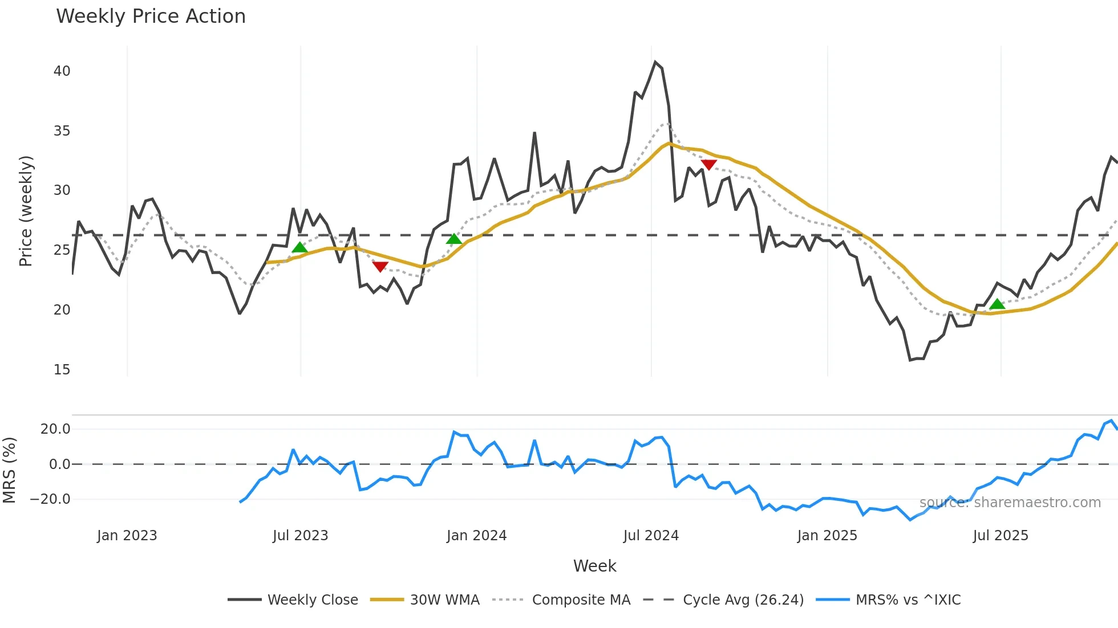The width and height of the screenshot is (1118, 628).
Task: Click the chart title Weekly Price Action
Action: pos(151,17)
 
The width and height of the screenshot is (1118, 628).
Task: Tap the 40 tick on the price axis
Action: pos(62,71)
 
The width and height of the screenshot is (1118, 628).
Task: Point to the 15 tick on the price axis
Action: pos(62,370)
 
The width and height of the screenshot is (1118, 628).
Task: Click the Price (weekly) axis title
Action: pos(26,211)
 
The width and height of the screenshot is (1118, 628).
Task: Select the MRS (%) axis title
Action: pos(9,470)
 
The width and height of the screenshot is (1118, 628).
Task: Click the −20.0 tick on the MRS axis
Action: pos(50,499)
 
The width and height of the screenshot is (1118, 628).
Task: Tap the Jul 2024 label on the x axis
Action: pos(651,536)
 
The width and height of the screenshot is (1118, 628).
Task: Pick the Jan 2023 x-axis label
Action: pos(127,536)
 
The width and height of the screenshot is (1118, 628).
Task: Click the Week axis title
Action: pos(594,566)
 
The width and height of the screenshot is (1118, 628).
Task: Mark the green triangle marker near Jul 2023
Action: pos(299,247)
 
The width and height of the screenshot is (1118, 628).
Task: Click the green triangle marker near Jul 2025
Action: pos(997,304)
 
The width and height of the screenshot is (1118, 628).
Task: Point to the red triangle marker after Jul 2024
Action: pos(708,165)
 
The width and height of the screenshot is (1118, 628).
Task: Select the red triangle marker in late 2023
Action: pos(380,266)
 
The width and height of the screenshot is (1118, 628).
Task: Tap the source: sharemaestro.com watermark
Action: pos(1010,503)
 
